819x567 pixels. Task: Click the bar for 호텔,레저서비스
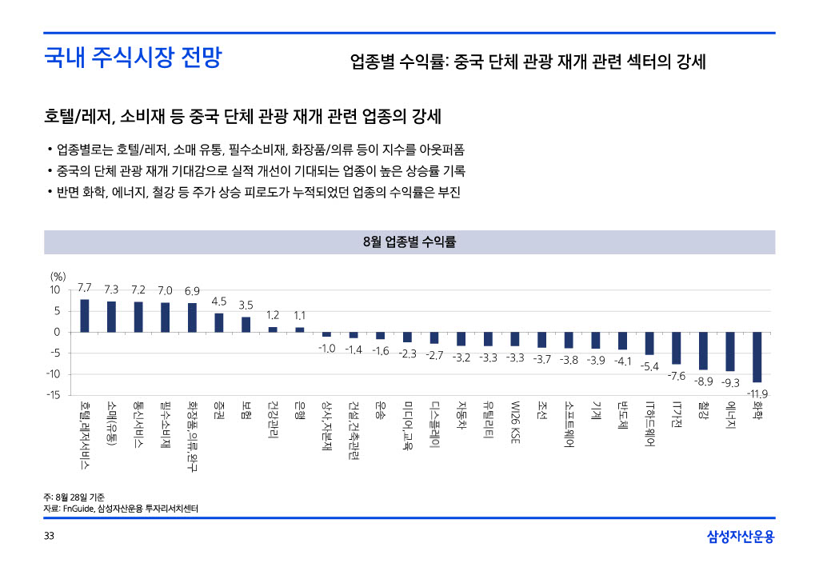(85, 316)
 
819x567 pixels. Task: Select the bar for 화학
(757, 357)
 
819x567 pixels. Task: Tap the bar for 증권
(219, 322)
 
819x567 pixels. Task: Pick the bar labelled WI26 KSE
(515, 339)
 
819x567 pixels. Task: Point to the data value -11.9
(757, 393)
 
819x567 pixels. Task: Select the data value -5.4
(649, 366)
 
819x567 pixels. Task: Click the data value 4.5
(219, 301)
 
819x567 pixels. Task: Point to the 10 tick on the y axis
(55, 289)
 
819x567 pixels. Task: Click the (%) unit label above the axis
(58, 276)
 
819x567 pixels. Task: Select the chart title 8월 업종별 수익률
(409, 242)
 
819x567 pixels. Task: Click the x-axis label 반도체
(622, 417)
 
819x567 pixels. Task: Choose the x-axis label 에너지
(729, 417)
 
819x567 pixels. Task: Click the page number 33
(50, 535)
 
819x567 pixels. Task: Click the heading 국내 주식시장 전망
(133, 58)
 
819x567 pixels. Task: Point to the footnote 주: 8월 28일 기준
(74, 496)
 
